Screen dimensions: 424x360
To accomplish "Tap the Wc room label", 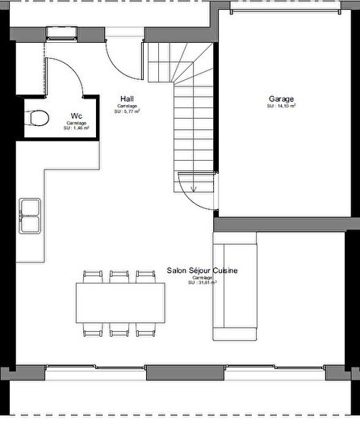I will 76,115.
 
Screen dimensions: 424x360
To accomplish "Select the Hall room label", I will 126,99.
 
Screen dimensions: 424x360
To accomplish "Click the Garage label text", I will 282,99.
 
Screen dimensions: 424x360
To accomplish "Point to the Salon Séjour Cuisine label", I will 202,271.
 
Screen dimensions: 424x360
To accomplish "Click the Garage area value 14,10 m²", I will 282,106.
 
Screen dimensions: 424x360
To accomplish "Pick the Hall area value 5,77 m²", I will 126,111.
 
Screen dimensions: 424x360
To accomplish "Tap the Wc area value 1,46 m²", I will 76,128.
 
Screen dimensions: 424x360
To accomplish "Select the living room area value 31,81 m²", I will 202,283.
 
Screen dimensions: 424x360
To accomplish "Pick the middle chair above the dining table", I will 119,275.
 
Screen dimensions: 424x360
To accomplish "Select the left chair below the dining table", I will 94,329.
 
